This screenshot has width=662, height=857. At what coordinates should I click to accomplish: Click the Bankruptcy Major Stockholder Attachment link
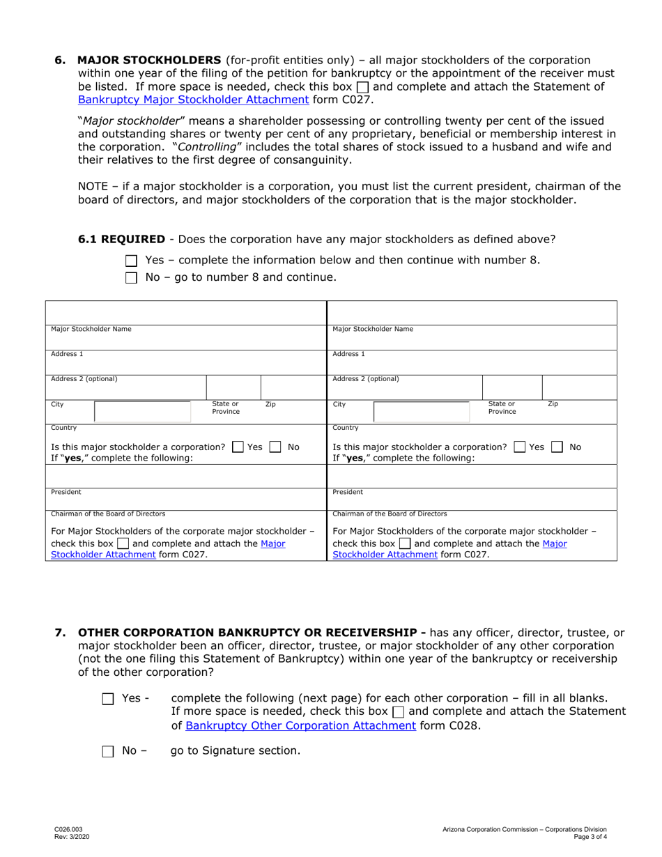coord(192,99)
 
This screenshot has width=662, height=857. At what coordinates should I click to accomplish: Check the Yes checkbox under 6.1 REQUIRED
coord(132,261)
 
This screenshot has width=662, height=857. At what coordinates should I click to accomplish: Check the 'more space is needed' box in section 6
coord(362,87)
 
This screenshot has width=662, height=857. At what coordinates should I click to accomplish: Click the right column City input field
coord(422,412)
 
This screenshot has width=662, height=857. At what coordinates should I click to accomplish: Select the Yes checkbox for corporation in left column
coord(238,447)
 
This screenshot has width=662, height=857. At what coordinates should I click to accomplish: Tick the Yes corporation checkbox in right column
coord(518,447)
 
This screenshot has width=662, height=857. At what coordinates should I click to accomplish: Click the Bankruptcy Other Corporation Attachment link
coord(300,725)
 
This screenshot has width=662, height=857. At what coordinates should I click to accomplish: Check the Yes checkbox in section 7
coord(108,699)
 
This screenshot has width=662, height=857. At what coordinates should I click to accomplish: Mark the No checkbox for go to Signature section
coord(108,752)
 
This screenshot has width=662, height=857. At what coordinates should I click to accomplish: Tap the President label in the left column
coord(66,491)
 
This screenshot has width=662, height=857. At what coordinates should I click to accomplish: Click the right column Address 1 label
coord(348,354)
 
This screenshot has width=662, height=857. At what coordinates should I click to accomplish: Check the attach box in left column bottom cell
coord(122,544)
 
